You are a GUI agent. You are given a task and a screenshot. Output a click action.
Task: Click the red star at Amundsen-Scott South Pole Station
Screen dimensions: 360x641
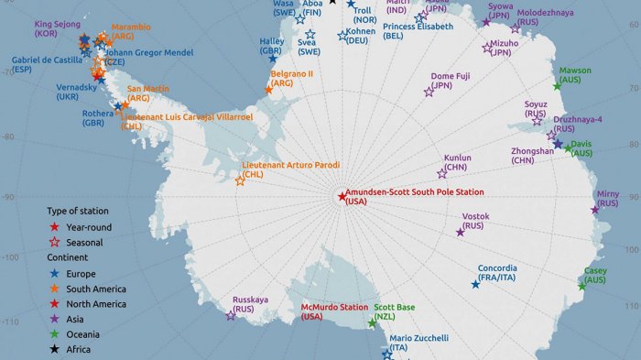point(342,196)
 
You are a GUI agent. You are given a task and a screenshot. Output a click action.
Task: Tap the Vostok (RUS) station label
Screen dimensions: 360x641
point(474,220)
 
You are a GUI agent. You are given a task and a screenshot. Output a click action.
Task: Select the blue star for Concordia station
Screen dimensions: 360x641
point(475,284)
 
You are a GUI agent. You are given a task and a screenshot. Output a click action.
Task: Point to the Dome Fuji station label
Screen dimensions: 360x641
point(451,81)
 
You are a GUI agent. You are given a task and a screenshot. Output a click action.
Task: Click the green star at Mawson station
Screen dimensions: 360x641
point(557,86)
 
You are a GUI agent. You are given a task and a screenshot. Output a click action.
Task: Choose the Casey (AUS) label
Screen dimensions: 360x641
point(594,275)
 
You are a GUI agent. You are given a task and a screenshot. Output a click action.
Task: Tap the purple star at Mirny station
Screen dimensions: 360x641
point(595,211)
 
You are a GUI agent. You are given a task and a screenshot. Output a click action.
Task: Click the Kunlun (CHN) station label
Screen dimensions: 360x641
point(458,162)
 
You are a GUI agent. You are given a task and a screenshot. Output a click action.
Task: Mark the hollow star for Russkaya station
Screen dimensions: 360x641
point(231,316)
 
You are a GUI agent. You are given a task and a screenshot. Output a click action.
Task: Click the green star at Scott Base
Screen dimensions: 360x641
point(372,322)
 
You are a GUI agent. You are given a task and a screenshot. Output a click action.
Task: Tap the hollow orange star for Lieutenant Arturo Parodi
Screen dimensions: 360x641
point(240,180)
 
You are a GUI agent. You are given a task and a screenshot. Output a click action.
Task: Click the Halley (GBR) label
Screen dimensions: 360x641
point(271,46)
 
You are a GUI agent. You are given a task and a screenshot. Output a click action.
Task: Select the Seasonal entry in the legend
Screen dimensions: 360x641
point(83,243)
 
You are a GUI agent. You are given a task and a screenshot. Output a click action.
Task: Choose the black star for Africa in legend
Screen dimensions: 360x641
point(56,349)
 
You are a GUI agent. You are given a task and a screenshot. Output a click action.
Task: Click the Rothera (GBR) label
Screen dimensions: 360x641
point(98,119)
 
